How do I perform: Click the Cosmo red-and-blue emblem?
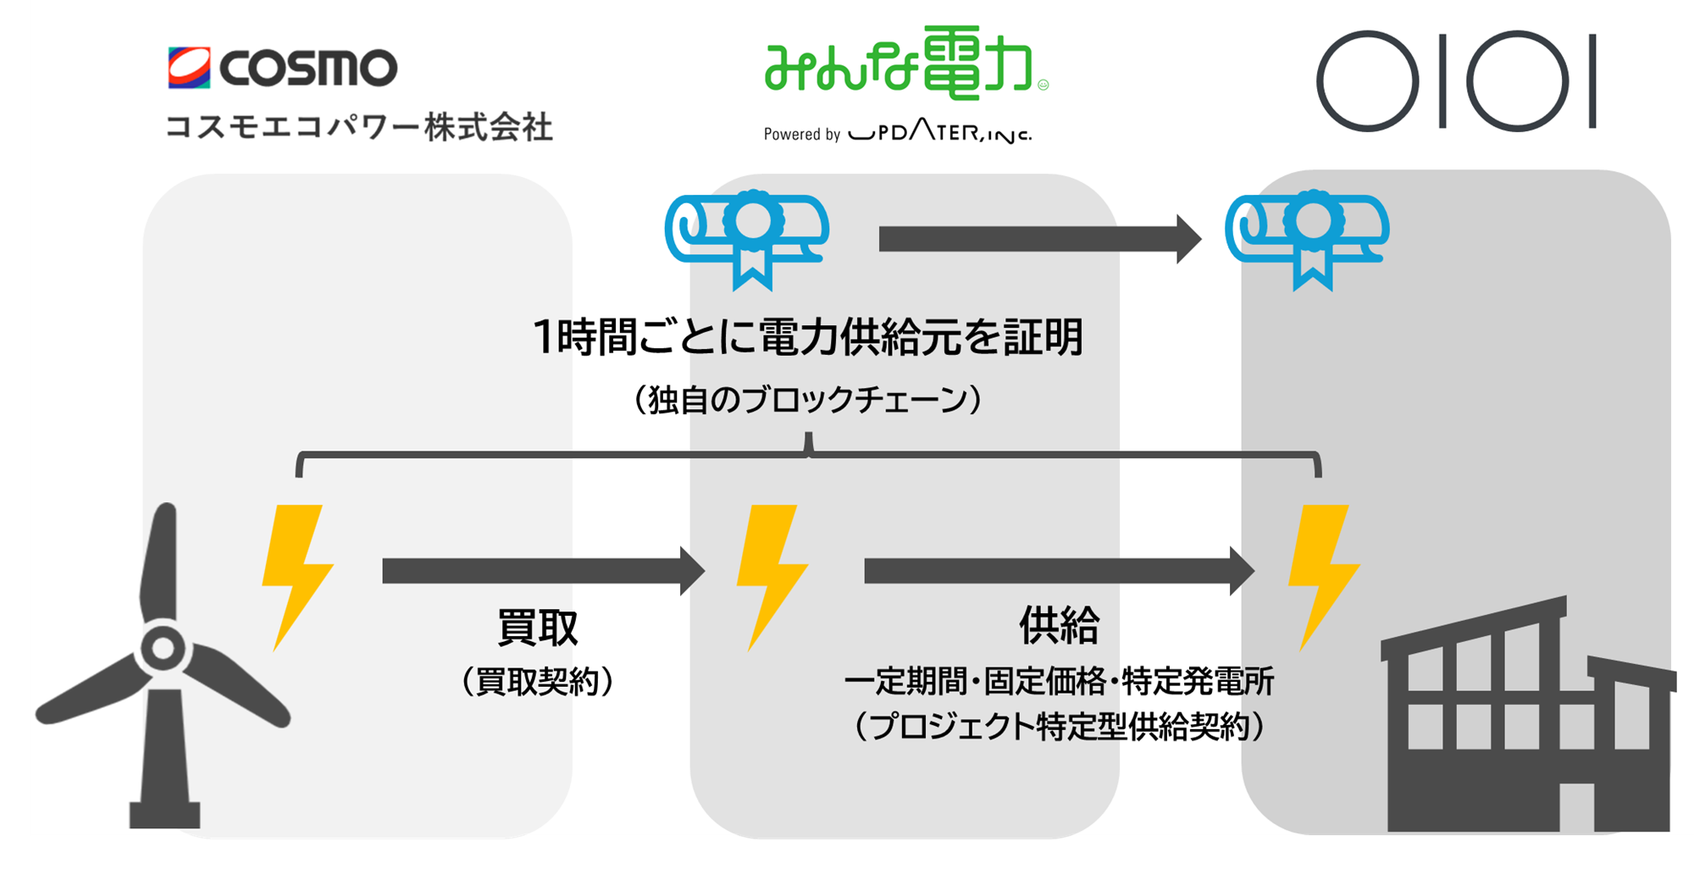pos(189,68)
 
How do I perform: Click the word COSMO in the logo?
pos(308,68)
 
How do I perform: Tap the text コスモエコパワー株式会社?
pos(359,127)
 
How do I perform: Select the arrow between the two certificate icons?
pos(1040,240)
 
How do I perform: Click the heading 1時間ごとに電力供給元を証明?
pos(808,337)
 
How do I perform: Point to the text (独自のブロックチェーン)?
pos(808,399)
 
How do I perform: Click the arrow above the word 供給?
pos(1060,571)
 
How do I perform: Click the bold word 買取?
pos(537,628)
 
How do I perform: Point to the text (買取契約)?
pos(537,681)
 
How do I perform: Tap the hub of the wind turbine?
pos(163,649)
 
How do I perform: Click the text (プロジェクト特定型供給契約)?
pos(1060,726)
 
